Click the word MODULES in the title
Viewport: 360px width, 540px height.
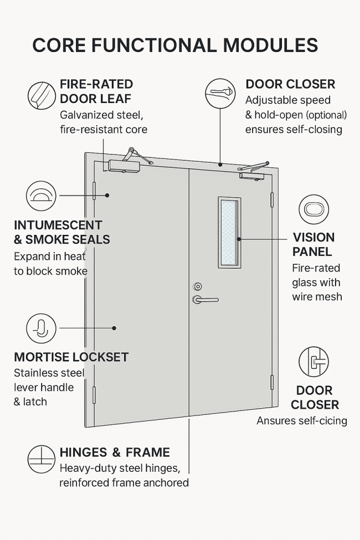pyautogui.click(x=270, y=45)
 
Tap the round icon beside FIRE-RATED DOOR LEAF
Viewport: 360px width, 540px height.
pyautogui.click(x=42, y=95)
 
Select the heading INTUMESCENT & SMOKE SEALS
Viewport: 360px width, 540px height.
pyautogui.click(x=62, y=232)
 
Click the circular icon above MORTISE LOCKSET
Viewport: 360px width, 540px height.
pyautogui.click(x=42, y=328)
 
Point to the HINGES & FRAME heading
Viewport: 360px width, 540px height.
pyautogui.click(x=115, y=452)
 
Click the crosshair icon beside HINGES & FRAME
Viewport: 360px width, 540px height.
pyautogui.click(x=42, y=459)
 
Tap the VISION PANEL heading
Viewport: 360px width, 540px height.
pyautogui.click(x=313, y=244)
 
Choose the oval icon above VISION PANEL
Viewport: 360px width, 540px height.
pyautogui.click(x=314, y=209)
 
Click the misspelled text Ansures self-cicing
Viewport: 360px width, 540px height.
pyautogui.click(x=302, y=420)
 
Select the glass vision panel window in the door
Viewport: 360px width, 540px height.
pyautogui.click(x=229, y=233)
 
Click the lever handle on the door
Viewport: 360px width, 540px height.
pyautogui.click(x=205, y=300)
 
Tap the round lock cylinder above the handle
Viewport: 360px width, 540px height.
pyautogui.click(x=197, y=286)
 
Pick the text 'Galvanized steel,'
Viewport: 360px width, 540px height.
pyautogui.click(x=101, y=115)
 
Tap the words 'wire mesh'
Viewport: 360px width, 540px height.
pyautogui.click(x=317, y=296)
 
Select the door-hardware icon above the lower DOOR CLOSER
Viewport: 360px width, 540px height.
pyautogui.click(x=314, y=362)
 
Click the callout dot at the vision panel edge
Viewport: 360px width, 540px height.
pyautogui.click(x=239, y=239)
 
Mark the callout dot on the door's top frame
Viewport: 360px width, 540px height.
pyautogui.click(x=220, y=164)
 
